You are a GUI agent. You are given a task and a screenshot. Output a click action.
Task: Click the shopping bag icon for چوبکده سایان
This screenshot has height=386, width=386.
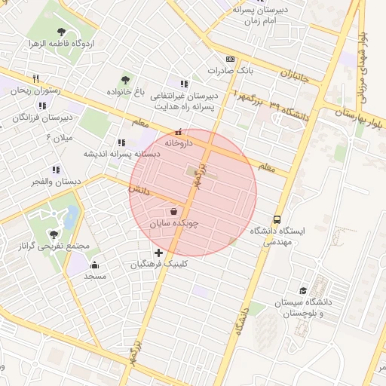click(175, 212)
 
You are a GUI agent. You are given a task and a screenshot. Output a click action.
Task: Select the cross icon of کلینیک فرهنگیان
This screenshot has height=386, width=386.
click(158, 253)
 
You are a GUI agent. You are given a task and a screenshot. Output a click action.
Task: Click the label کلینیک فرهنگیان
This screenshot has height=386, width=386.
click(158, 265)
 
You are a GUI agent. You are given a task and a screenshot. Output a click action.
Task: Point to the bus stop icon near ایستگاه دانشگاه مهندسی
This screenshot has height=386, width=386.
click(277, 219)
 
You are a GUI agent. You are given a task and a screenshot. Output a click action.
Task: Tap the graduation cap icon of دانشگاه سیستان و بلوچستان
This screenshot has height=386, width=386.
click(303, 290)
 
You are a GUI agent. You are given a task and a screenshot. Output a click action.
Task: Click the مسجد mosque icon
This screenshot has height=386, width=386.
click(95, 265)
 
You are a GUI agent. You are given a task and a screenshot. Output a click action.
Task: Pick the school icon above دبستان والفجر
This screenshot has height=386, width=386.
click(55, 170)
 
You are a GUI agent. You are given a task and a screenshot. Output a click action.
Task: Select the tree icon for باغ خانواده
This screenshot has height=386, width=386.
click(124, 80)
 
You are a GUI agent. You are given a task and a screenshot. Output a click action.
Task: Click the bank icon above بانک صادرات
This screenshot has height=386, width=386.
click(229, 60)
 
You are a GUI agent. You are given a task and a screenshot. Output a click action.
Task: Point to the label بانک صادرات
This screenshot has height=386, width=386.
click(228, 71)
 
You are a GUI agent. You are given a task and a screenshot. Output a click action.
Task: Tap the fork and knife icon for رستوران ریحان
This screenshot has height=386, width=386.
click(35, 78)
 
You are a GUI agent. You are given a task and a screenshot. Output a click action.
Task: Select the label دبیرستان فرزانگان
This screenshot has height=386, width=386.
click(45, 118)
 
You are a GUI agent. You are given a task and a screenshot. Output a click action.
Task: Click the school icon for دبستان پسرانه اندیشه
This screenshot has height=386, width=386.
click(121, 142)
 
